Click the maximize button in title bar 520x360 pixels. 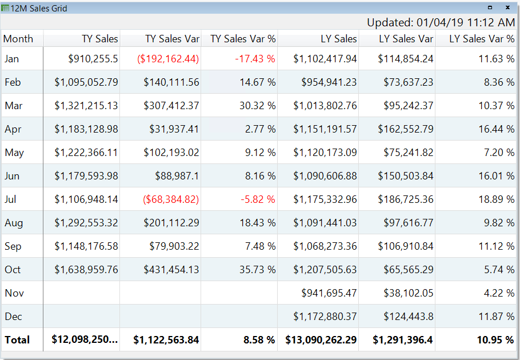[x=490, y=8]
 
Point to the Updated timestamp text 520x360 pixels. [x=441, y=22]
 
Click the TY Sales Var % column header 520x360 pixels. [x=243, y=39]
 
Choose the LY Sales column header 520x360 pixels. [x=338, y=39]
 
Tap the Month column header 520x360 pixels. [x=18, y=39]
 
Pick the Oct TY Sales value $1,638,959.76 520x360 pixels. [x=86, y=270]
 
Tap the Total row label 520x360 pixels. [x=17, y=340]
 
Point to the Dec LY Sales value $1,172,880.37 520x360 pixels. [x=325, y=317]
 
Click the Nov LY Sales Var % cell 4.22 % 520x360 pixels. [x=498, y=293]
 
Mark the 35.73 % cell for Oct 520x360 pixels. [x=257, y=270]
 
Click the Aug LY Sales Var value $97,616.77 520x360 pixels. [x=405, y=223]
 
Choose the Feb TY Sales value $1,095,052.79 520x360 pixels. [x=86, y=82]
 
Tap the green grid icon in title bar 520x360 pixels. [x=5, y=9]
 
